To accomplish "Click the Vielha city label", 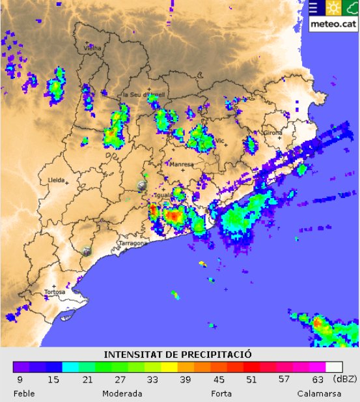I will (x=93, y=48).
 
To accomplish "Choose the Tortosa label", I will (x=55, y=292).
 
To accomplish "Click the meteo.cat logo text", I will (x=332, y=24).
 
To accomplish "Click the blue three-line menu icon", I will (x=314, y=8).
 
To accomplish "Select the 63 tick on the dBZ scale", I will (x=318, y=380).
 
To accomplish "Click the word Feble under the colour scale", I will (x=24, y=394).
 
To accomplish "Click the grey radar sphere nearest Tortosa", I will (x=87, y=251).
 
